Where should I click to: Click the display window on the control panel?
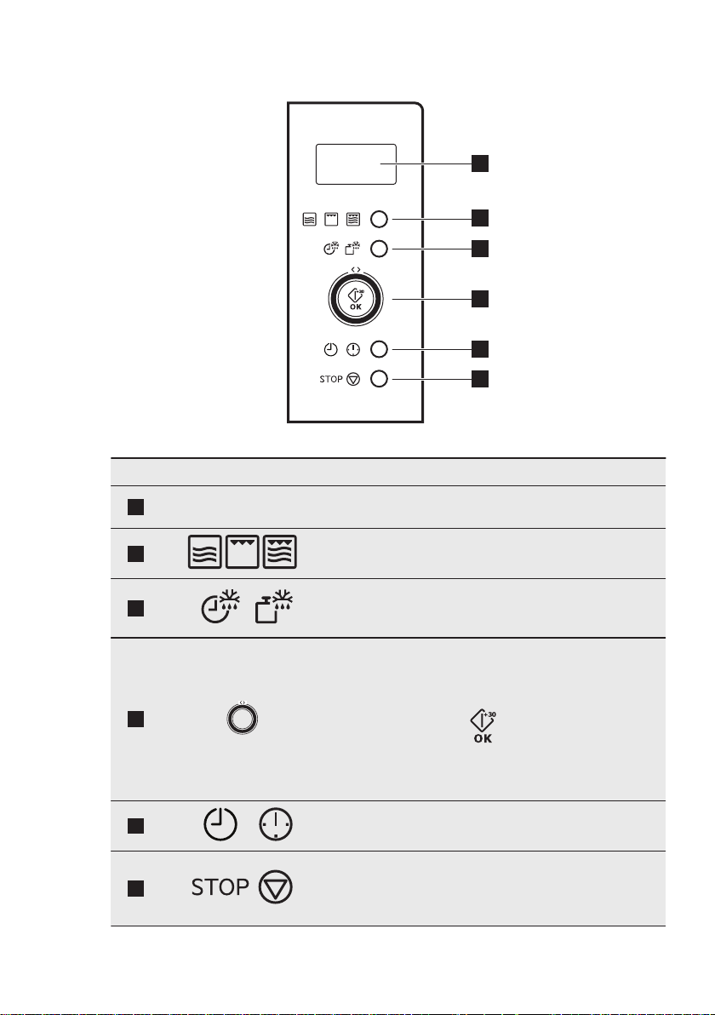click(x=356, y=163)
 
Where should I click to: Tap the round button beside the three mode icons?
click(x=380, y=218)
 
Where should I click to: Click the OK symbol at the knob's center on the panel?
click(x=356, y=298)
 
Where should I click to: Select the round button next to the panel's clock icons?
click(x=380, y=348)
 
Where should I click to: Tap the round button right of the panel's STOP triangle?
click(x=380, y=379)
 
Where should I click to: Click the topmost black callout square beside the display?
click(x=482, y=163)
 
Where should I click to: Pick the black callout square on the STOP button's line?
click(x=482, y=379)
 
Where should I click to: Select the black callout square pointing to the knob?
click(x=482, y=298)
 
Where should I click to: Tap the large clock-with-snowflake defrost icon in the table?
click(x=220, y=608)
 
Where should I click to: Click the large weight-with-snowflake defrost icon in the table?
click(x=273, y=608)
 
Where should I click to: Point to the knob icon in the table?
click(x=243, y=718)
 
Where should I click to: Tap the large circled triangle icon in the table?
click(x=275, y=888)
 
